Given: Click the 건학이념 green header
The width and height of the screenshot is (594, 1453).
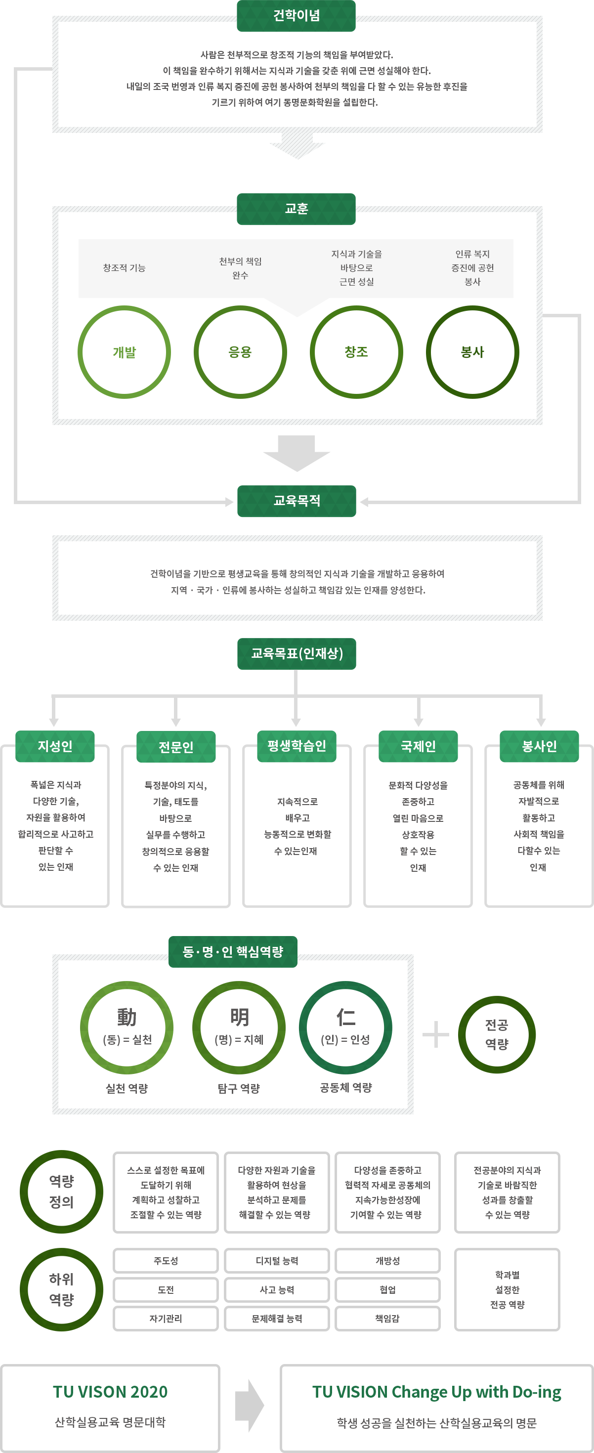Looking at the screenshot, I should click(296, 16).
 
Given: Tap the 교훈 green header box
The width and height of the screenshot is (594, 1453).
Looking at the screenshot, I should click(296, 209).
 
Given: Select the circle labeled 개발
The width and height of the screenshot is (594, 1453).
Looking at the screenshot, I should click(124, 352).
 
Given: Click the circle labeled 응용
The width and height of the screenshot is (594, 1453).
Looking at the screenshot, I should click(240, 352).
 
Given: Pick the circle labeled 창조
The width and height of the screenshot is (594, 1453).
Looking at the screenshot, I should click(356, 352).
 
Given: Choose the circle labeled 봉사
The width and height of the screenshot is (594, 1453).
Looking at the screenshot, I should click(473, 352).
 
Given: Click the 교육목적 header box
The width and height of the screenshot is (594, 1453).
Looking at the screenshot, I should click(297, 501).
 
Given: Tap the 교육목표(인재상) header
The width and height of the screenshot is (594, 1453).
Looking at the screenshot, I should click(297, 654).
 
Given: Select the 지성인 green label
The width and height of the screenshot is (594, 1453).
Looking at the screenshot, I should click(55, 746).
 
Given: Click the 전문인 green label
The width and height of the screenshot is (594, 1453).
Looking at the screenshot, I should click(176, 747).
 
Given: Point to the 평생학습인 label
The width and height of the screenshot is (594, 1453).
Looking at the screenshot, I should click(297, 746).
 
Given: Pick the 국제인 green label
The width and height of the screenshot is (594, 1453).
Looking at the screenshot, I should click(418, 746).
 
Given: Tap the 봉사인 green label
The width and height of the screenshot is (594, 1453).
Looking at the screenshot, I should click(539, 746).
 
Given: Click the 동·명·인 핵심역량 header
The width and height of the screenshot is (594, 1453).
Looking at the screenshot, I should click(233, 952).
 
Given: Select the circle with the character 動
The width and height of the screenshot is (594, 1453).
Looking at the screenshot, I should click(127, 1027).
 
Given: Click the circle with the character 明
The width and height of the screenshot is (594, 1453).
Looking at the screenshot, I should click(239, 1027).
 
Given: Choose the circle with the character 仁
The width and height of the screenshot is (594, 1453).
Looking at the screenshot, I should click(345, 1027).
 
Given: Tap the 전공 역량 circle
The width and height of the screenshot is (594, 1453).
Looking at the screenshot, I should click(497, 1034).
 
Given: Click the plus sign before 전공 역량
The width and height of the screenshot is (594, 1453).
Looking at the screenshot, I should click(435, 1034).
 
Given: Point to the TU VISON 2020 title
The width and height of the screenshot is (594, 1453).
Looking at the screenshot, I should click(111, 1392).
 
